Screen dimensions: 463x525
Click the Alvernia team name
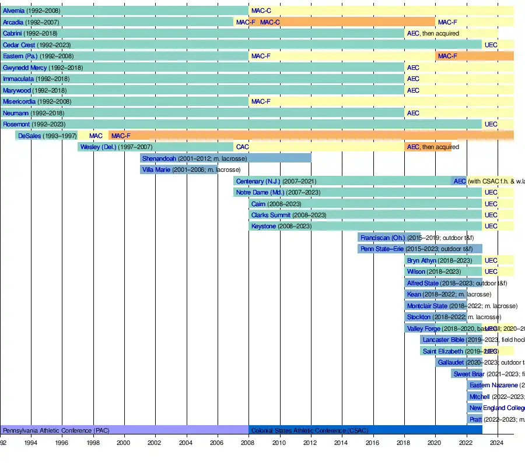(x=13, y=10)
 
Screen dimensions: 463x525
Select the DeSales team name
(x=30, y=136)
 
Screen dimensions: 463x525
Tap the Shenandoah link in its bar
(x=159, y=158)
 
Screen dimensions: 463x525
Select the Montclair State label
(x=427, y=306)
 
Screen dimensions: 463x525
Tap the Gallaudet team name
(x=450, y=362)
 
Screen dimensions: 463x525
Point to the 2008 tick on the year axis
(x=247, y=443)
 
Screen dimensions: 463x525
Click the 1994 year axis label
(x=31, y=443)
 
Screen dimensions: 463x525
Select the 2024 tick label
(x=496, y=443)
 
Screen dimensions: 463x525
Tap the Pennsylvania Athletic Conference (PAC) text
(x=55, y=430)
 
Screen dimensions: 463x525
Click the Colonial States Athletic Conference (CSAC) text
(x=309, y=430)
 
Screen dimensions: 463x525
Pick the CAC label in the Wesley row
(x=242, y=147)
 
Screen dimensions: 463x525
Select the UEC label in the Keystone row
(x=491, y=226)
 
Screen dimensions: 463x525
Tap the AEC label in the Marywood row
(x=413, y=90)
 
